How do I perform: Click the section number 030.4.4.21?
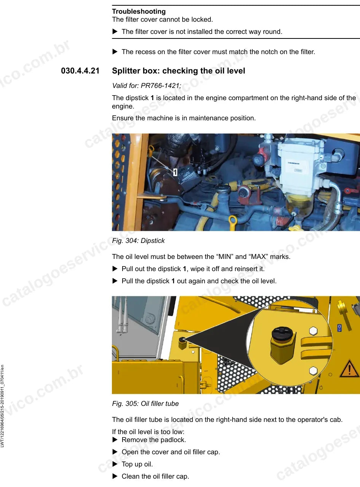[x=80, y=71]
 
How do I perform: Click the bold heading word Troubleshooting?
[x=139, y=11]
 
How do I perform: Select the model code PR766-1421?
[x=160, y=85]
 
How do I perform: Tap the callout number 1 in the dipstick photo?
[x=175, y=172]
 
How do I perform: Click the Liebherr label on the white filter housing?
[x=293, y=163]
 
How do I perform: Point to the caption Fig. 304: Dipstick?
[x=138, y=241]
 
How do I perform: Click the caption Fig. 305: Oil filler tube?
[x=145, y=404]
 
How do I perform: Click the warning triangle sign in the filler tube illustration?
[x=349, y=369]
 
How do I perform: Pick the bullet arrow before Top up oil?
[x=115, y=464]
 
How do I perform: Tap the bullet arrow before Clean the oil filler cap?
[x=115, y=476]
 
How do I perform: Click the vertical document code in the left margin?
[x=2, y=406]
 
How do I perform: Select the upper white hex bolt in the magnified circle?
[x=313, y=331]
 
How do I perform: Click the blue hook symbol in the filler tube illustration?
[x=339, y=328]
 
